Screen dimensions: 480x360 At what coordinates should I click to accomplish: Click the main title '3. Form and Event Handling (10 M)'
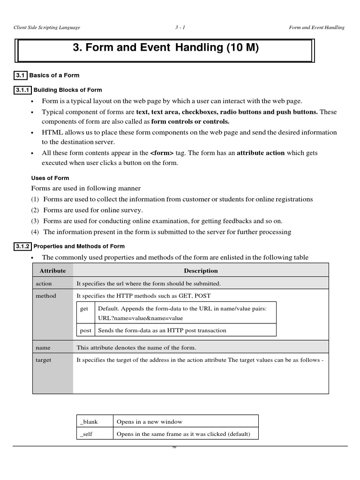coord(165,48)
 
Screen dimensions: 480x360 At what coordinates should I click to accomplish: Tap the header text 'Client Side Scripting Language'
coord(47,27)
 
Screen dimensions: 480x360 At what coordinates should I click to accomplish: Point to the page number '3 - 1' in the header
coord(180,27)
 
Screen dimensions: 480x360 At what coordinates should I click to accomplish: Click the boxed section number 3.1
coord(20,75)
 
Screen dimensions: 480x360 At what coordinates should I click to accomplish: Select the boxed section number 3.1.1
coord(23,90)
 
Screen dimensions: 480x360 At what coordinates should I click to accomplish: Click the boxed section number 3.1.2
coord(23,246)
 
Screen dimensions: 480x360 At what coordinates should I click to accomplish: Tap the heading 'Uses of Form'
coord(50,178)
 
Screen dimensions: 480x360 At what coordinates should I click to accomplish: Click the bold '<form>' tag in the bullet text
coord(162,153)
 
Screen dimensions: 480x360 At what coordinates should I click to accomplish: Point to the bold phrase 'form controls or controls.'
coord(190,122)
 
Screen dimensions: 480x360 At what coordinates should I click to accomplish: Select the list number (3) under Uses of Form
coord(35,221)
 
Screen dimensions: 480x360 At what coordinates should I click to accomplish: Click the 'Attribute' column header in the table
coord(52,270)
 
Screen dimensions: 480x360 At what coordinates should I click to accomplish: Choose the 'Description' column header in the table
coord(201,270)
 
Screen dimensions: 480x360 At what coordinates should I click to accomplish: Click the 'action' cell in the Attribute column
coord(44,284)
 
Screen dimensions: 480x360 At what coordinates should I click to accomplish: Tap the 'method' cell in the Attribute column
coord(45,296)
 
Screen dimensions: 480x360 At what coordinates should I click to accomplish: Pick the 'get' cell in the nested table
coord(84,308)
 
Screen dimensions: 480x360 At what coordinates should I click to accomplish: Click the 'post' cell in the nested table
coord(86,330)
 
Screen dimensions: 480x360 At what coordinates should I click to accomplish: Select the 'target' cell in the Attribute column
coord(44,360)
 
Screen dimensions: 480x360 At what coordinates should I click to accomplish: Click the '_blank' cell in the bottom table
coord(89,422)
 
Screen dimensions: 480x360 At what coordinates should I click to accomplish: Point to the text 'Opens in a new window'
coord(150,422)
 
